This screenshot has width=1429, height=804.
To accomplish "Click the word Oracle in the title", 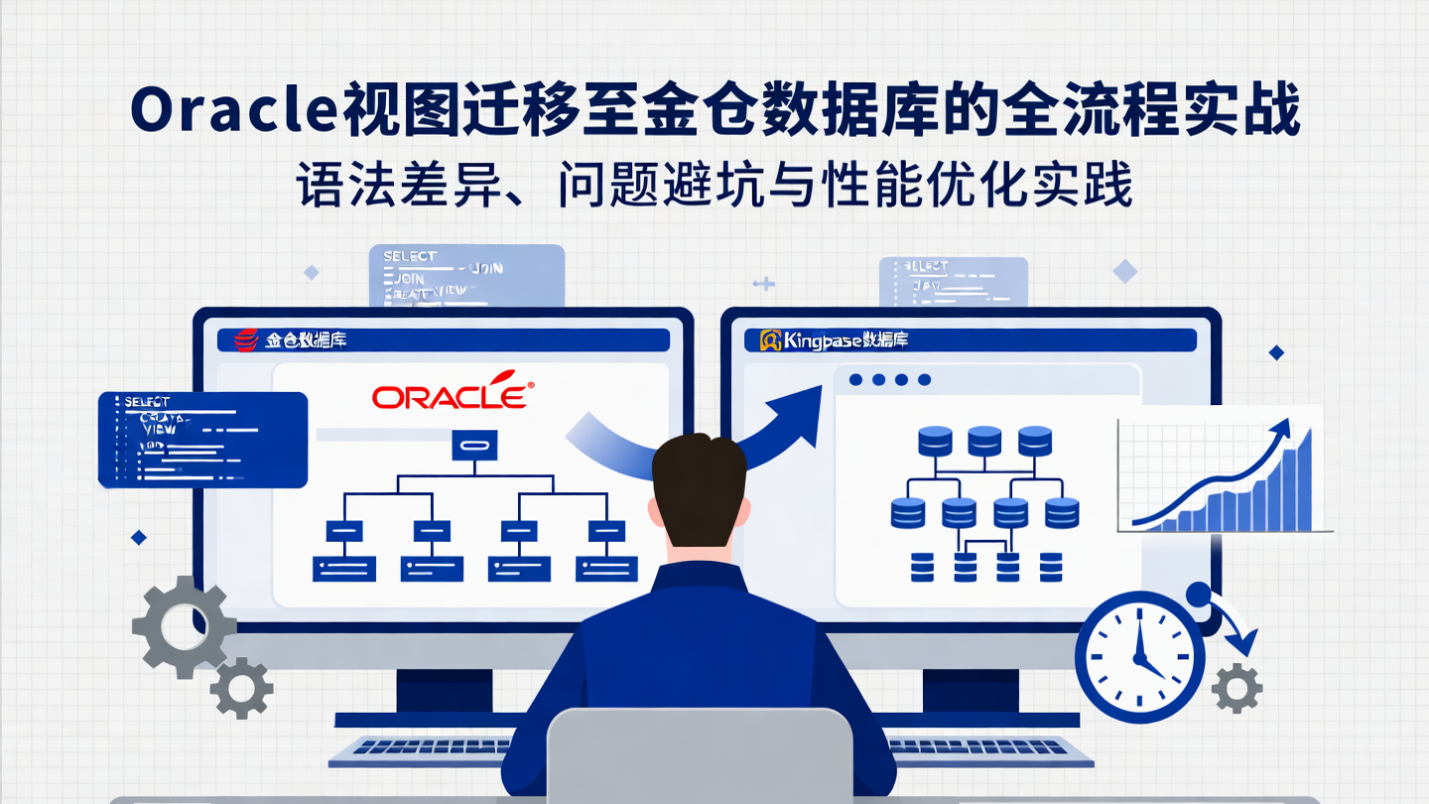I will pyautogui.click(x=234, y=112).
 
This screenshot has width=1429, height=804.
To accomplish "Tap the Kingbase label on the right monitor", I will pyautogui.click(x=834, y=340).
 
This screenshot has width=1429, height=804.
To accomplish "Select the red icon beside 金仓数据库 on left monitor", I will pyautogui.click(x=245, y=340).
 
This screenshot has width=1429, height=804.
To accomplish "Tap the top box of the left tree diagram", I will pyautogui.click(x=474, y=445).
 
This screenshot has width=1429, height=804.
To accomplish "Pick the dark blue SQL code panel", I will pyautogui.click(x=202, y=439).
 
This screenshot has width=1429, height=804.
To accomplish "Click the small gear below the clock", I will pyautogui.click(x=1237, y=687).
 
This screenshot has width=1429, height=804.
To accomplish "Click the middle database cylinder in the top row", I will pyautogui.click(x=983, y=440).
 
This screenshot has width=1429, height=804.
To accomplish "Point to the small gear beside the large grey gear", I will pyautogui.click(x=241, y=687).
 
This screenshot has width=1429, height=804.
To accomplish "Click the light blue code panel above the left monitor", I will pyautogui.click(x=466, y=275).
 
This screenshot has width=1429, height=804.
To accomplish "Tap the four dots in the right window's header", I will pyautogui.click(x=891, y=379).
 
